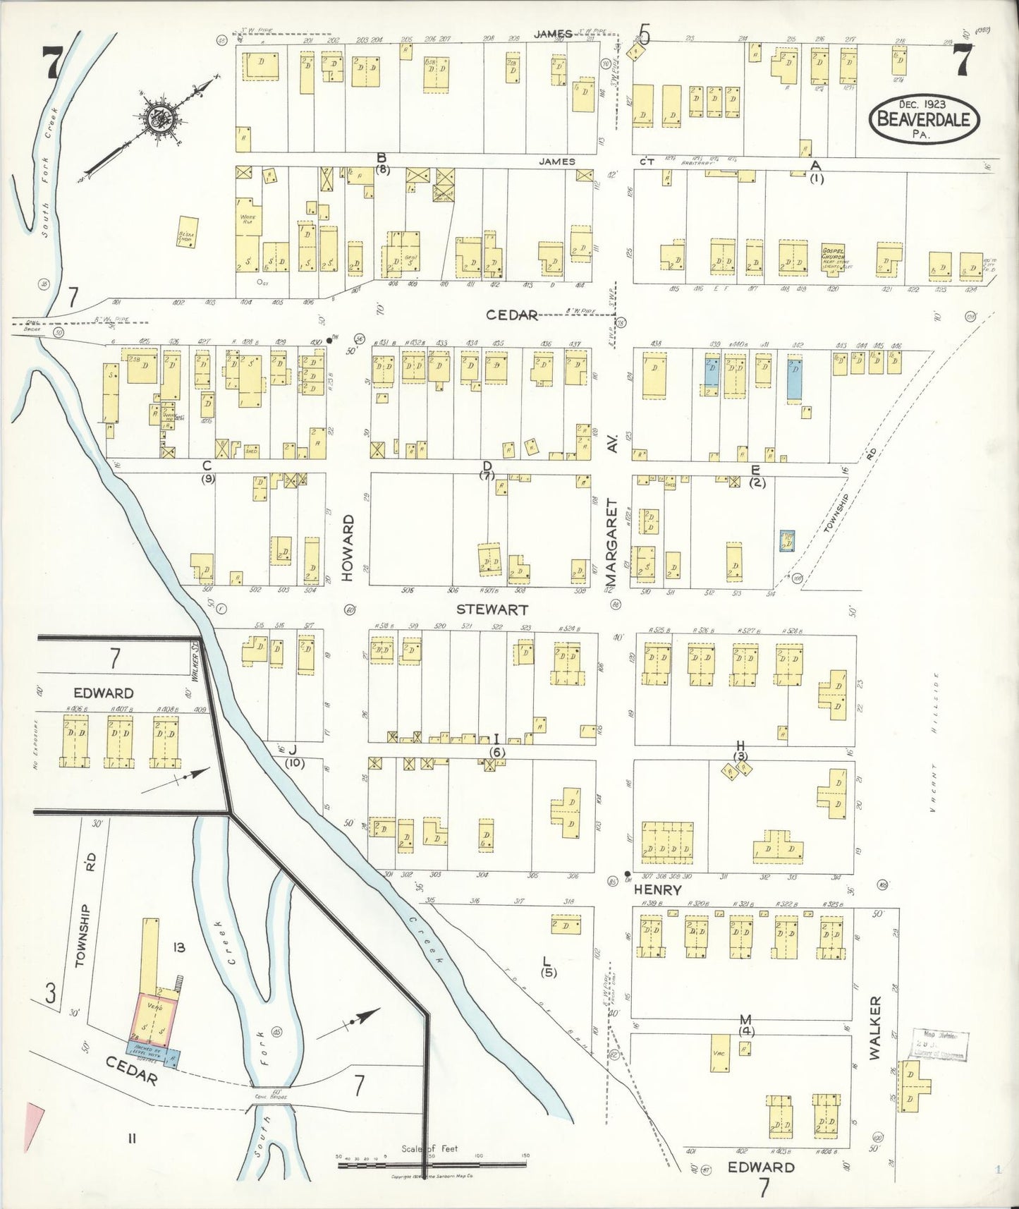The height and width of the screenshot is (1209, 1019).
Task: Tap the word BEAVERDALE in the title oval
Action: click(x=925, y=119)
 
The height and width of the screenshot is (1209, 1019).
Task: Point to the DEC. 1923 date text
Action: click(x=920, y=104)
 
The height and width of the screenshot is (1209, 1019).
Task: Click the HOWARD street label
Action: click(x=348, y=547)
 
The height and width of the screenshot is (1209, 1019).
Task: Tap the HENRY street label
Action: click(x=657, y=890)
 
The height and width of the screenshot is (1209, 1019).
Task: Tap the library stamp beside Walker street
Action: click(x=940, y=1045)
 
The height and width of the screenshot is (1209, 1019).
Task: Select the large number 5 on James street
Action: click(x=642, y=32)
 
